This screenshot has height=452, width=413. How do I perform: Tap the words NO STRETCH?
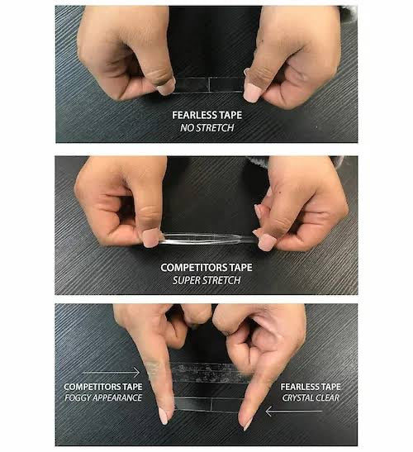(x=207, y=128)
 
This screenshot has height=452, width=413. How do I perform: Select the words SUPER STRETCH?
(x=206, y=280)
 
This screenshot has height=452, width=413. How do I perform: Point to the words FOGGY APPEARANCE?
(x=103, y=397)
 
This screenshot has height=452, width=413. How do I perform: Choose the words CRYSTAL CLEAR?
(x=311, y=397)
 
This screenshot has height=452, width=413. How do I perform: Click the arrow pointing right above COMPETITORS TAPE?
(x=111, y=373)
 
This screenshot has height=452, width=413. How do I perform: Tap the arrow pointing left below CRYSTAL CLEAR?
(x=293, y=412)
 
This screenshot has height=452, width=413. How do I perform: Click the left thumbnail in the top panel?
(x=166, y=87)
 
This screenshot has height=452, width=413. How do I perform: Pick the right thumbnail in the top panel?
(x=252, y=93)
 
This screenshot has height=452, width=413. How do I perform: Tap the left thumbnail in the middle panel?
(x=151, y=238)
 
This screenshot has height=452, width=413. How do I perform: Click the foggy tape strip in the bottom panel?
(x=210, y=373)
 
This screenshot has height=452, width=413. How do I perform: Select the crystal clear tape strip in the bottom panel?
(x=208, y=404)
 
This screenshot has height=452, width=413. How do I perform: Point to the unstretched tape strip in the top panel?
(x=208, y=85)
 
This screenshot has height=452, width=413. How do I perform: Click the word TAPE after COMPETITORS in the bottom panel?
(x=132, y=387)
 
